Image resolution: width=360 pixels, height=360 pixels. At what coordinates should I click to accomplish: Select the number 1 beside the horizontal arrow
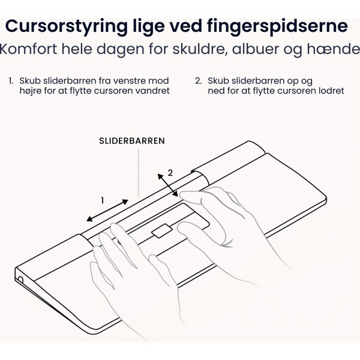[103, 200]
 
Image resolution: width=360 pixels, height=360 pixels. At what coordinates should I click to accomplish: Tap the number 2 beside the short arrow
[170, 172]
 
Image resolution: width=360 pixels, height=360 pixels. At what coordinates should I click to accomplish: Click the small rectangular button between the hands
[161, 230]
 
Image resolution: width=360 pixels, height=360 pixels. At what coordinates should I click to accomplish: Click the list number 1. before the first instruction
[11, 80]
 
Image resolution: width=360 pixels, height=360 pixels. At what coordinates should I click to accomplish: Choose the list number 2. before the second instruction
[199, 80]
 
